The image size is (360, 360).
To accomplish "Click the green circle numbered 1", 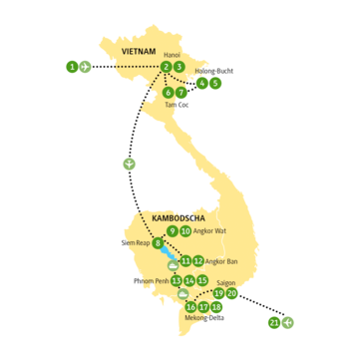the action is pos(72,66).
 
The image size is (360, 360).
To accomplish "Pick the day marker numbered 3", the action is pos(180,67).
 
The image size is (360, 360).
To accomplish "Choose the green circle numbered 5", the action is pos(216,84).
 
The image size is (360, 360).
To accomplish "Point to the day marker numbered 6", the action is pos(168,92).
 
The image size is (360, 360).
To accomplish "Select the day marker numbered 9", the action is pos(173,231).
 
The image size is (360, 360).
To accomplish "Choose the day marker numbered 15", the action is pos(202,281).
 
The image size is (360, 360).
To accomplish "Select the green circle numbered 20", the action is pos(232,294).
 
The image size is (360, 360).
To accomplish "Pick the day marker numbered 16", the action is pos(190,307).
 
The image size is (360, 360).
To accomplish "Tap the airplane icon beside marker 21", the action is pos(288,322).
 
